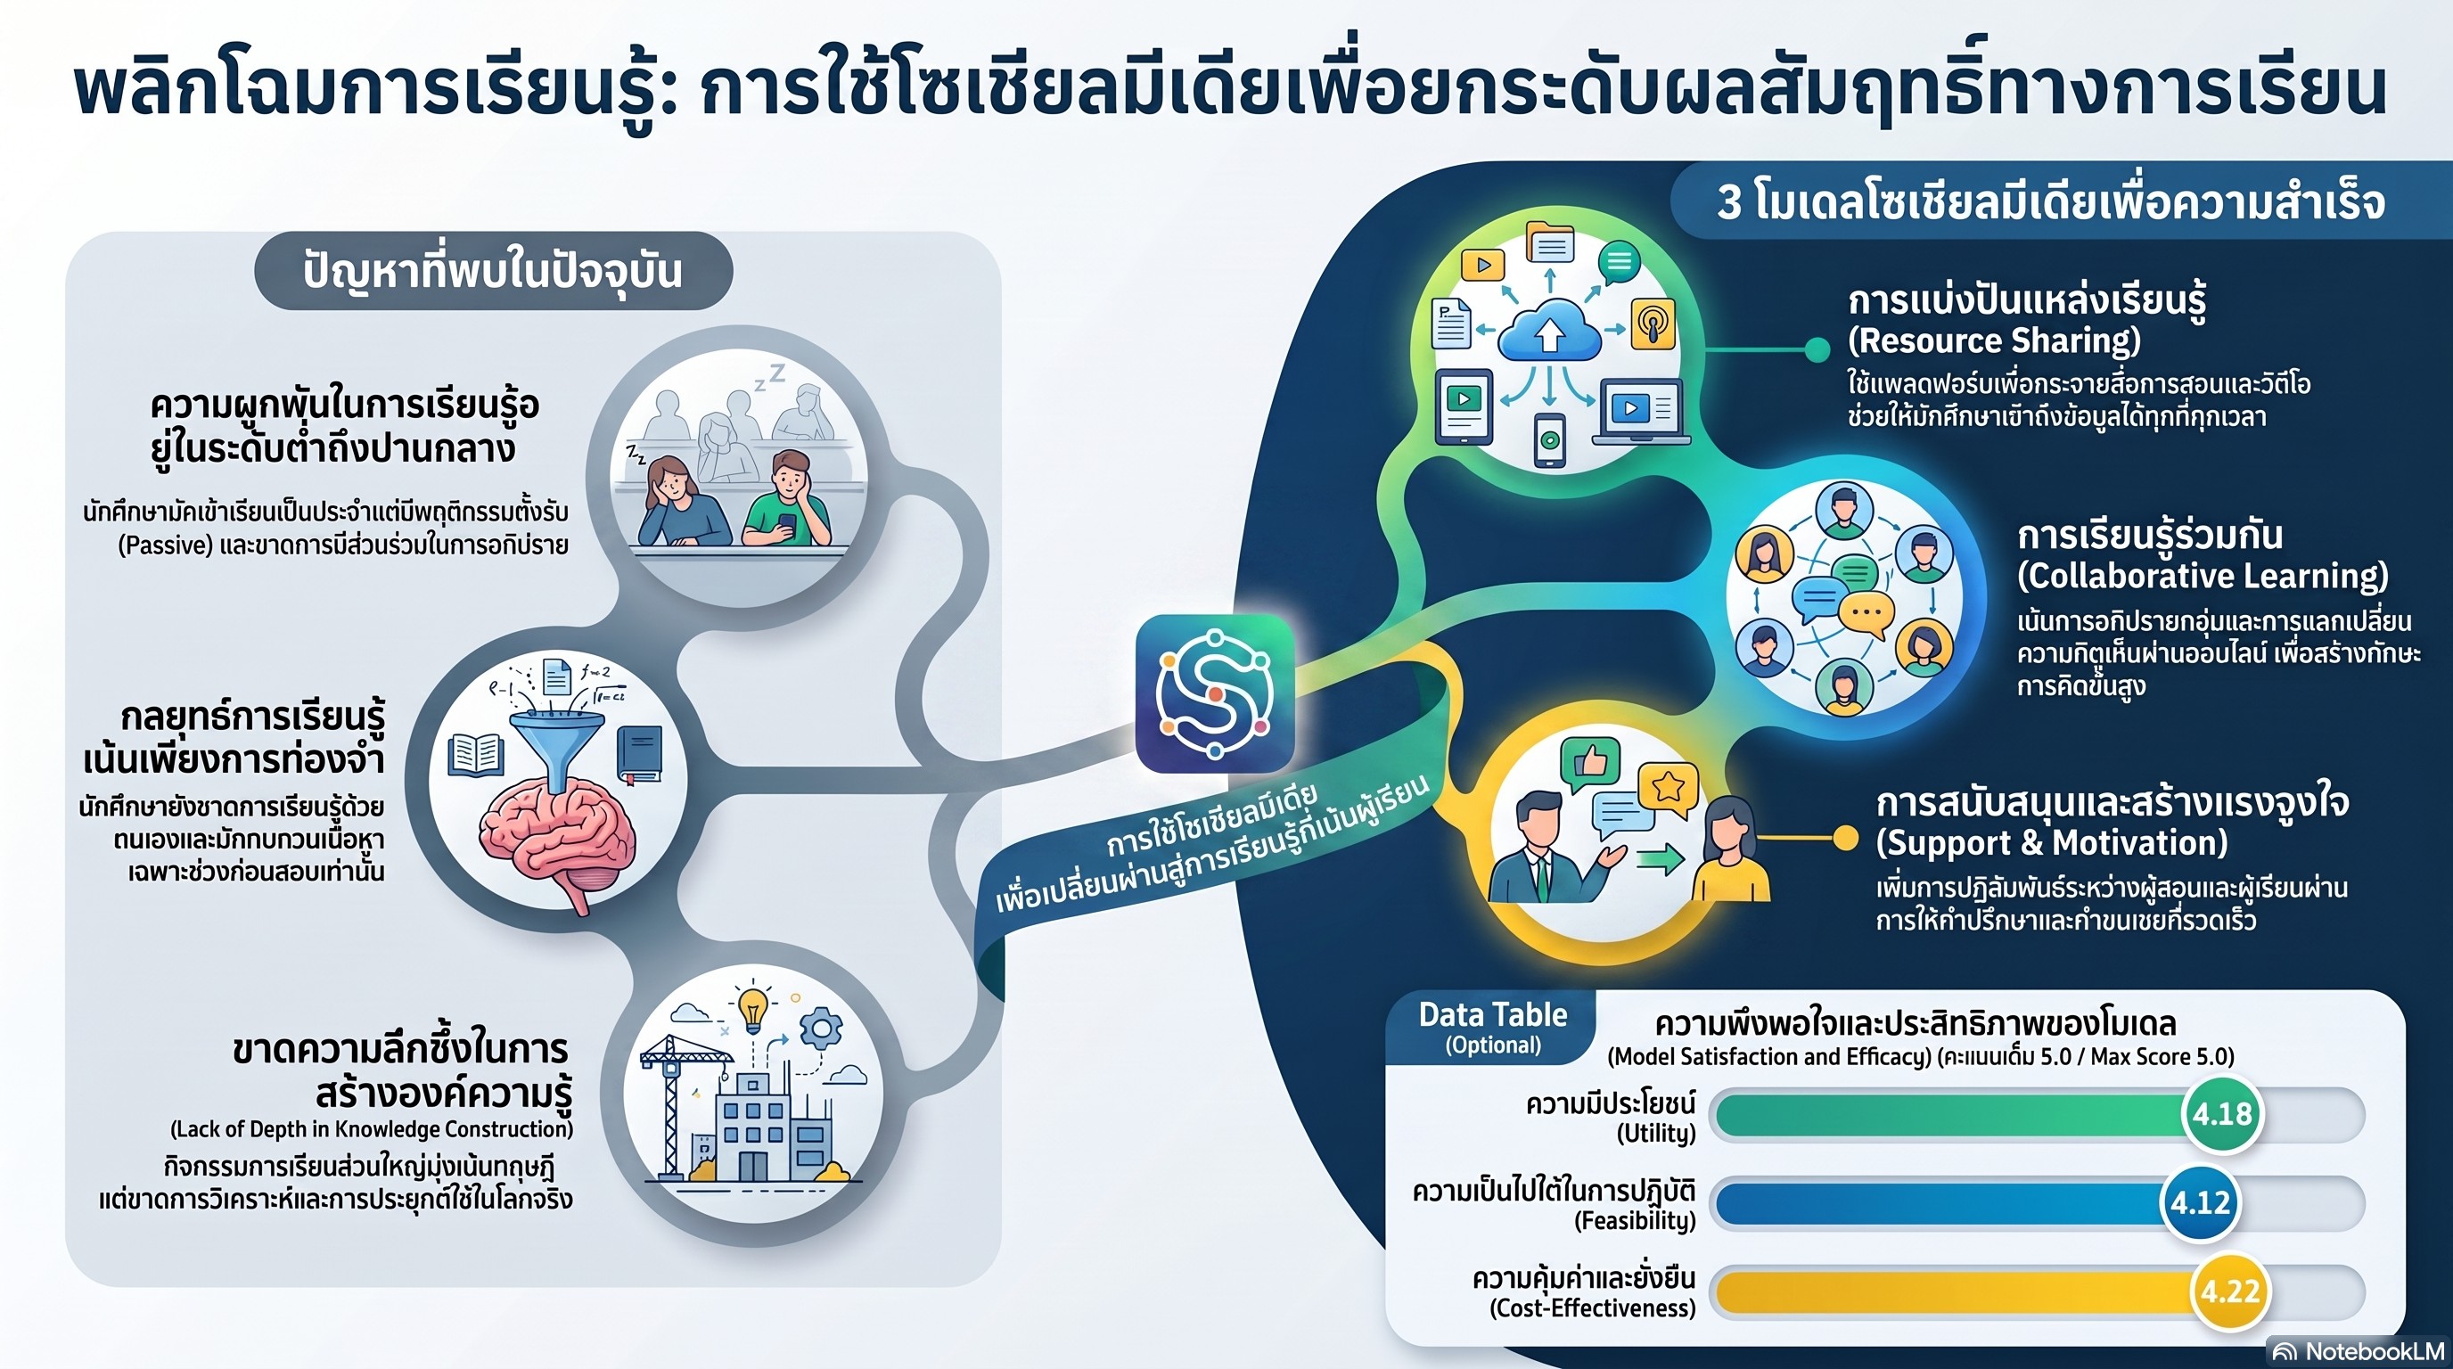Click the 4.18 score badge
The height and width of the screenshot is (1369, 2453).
click(2221, 1114)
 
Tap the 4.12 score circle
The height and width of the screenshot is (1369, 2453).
click(2200, 1202)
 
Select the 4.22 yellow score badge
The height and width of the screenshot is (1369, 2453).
click(2229, 1291)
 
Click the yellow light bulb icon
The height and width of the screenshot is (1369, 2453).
click(753, 1008)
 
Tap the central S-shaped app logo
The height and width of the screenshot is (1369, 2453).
click(1215, 693)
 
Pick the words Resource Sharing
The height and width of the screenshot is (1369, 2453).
click(1994, 340)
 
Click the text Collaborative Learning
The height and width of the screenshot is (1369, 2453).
click(2203, 576)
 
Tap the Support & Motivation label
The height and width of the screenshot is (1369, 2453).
click(2052, 842)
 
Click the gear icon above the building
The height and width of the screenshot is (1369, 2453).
click(820, 1029)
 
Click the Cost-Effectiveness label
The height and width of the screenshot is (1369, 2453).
click(1592, 1308)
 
